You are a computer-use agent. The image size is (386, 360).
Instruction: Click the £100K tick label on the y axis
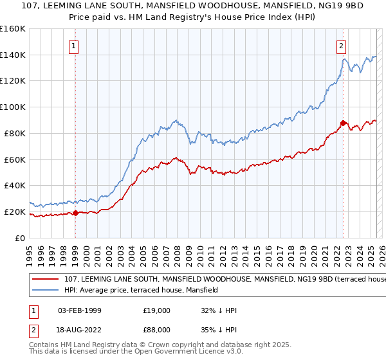pyautogui.click(x=13, y=107)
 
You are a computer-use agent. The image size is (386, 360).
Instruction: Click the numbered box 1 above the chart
pyautogui.click(x=75, y=46)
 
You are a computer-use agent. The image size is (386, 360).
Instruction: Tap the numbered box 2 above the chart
pyautogui.click(x=341, y=46)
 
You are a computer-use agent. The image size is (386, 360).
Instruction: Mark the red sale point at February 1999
pyautogui.click(x=76, y=213)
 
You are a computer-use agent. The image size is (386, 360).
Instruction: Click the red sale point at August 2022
pyautogui.click(x=343, y=122)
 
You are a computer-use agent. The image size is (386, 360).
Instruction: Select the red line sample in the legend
pyautogui.click(x=45, y=280)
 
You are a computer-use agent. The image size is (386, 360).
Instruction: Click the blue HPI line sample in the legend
pyautogui.click(x=45, y=290)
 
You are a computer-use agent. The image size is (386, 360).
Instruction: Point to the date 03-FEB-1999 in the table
pyautogui.click(x=79, y=310)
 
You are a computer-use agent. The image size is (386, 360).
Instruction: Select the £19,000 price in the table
pyautogui.click(x=156, y=310)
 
